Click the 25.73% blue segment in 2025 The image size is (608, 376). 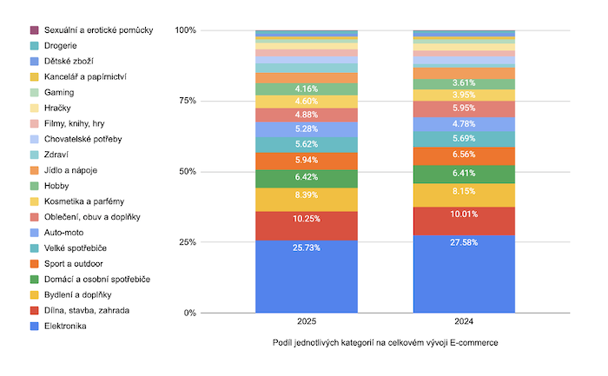(306, 276)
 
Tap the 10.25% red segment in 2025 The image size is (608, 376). (306, 226)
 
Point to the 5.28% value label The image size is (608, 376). (306, 129)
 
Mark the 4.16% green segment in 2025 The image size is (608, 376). (306, 89)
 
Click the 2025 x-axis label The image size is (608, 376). (306, 322)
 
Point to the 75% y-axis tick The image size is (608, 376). (186, 101)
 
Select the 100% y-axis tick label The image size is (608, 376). (185, 30)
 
